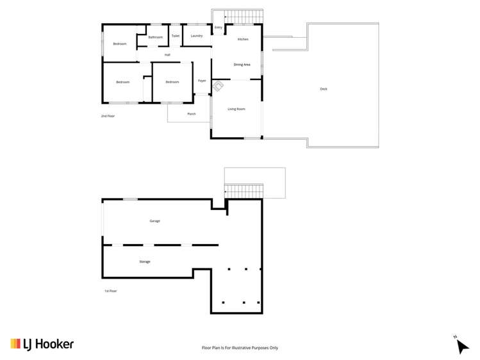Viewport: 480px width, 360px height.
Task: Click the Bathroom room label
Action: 156,37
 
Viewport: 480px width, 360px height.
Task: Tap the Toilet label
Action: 176,36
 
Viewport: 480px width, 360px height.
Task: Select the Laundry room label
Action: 197,36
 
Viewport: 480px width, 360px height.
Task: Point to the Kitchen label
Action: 243,40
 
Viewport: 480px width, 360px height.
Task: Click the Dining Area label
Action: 242,65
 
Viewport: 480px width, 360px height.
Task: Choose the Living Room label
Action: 236,109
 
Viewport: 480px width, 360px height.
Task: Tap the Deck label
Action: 324,89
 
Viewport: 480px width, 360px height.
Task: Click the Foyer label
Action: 202,81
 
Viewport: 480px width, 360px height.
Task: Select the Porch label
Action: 191,114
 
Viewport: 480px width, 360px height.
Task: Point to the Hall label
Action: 167,55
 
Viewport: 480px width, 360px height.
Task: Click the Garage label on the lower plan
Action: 154,221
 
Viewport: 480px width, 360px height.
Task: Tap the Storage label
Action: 145,262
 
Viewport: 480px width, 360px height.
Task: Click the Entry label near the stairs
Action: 219,28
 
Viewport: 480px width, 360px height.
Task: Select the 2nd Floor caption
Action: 108,116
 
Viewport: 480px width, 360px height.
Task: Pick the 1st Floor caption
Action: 111,291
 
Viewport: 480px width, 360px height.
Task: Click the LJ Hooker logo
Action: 42,344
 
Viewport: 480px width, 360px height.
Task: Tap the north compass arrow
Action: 461,345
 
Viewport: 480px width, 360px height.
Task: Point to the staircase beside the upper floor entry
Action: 244,16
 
